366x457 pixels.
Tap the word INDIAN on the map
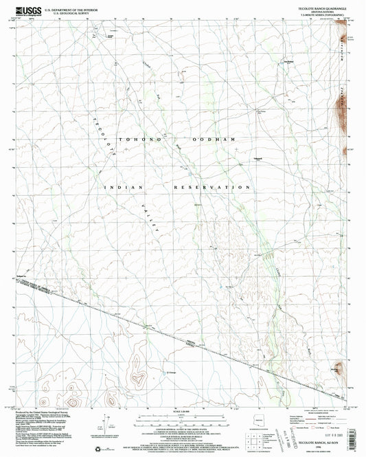coord(124,187)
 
